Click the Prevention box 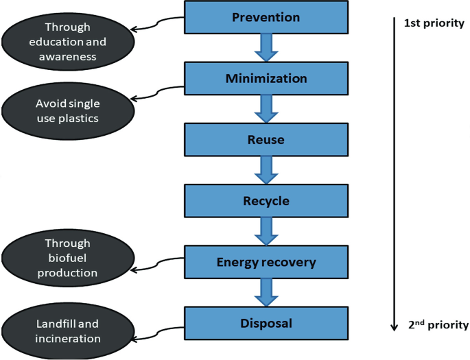click(x=266, y=17)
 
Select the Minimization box click(x=266, y=79)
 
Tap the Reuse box click(x=266, y=140)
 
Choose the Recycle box click(x=266, y=202)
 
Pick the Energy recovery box click(x=266, y=263)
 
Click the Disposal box click(x=266, y=323)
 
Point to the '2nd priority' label click(x=437, y=325)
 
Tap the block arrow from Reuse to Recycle click(x=266, y=171)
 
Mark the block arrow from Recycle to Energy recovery click(x=266, y=232)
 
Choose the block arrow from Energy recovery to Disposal click(x=266, y=293)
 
